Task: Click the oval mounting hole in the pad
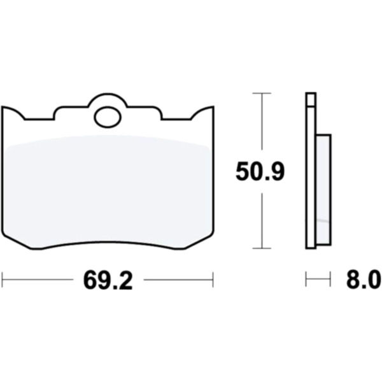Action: pyautogui.click(x=108, y=117)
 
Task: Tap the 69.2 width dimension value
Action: pyautogui.click(x=108, y=280)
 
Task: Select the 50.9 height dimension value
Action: pyautogui.click(x=260, y=171)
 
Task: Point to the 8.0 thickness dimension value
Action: pyautogui.click(x=364, y=280)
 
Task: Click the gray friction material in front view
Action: pyautogui.click(x=108, y=190)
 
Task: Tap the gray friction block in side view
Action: pyautogui.click(x=323, y=190)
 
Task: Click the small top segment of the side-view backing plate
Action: pyautogui.click(x=311, y=99)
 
